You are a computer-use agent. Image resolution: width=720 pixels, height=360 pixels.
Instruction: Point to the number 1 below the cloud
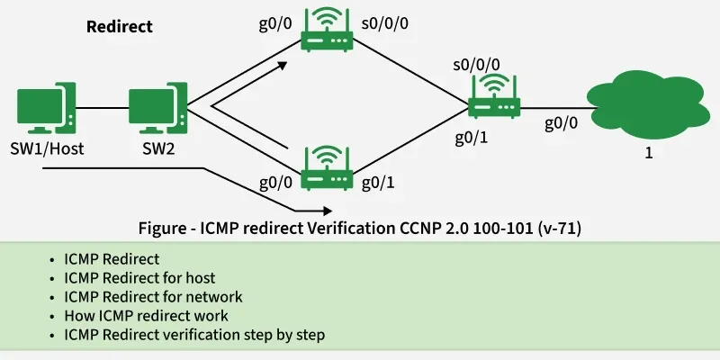click(x=648, y=153)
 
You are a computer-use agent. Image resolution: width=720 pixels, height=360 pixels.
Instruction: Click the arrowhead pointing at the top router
click(x=283, y=65)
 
